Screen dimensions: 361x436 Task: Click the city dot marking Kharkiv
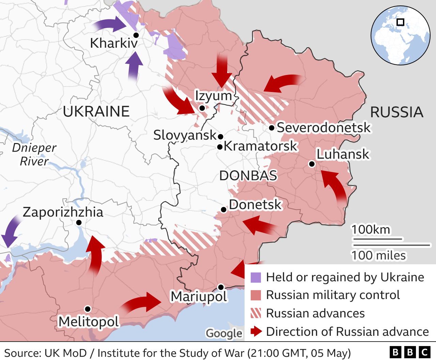click(x=136, y=35)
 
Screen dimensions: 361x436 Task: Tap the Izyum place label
click(x=213, y=96)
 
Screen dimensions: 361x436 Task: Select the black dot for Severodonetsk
click(x=271, y=128)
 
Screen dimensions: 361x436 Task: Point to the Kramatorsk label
click(x=261, y=146)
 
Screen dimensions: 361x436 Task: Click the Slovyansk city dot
click(x=220, y=137)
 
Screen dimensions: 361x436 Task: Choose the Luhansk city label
click(x=343, y=154)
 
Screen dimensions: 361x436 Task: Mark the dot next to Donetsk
click(x=223, y=210)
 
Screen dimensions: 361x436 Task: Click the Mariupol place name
click(x=199, y=296)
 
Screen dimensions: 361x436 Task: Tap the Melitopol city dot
click(x=88, y=309)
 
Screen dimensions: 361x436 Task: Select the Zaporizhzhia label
click(x=63, y=212)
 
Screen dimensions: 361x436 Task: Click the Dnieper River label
click(x=34, y=154)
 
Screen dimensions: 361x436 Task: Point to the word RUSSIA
click(x=396, y=112)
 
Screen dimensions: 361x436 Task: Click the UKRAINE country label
click(x=96, y=111)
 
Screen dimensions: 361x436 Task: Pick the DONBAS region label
click(x=248, y=176)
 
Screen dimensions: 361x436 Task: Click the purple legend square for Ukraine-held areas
click(x=255, y=278)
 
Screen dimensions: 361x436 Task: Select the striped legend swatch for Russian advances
click(x=255, y=313)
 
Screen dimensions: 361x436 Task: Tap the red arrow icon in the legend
click(x=256, y=331)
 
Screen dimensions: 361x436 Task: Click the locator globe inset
click(x=400, y=35)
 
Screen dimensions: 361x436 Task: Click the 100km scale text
click(x=371, y=230)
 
